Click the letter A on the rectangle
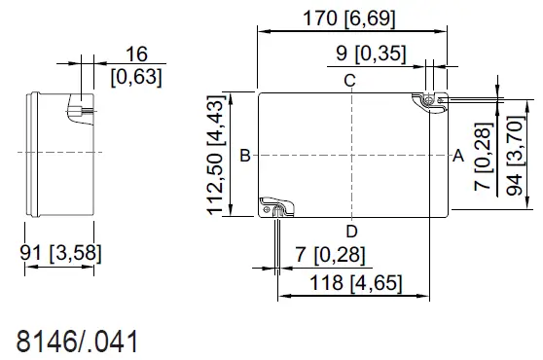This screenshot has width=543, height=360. [x=457, y=154]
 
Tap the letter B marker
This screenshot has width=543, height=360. [x=245, y=154]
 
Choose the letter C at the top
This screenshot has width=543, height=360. [x=349, y=81]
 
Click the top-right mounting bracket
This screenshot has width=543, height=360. [x=428, y=101]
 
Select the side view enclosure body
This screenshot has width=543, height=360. [x=58, y=153]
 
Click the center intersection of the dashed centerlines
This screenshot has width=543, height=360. [x=350, y=154]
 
